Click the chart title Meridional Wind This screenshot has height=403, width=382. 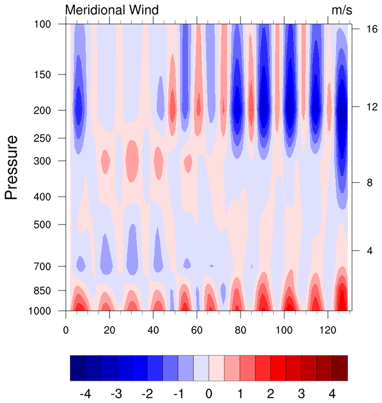(112, 10)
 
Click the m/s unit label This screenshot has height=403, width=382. (342, 10)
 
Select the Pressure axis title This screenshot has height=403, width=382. (12, 167)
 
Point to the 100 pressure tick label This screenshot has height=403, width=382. (43, 24)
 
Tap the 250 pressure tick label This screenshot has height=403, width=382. (43, 138)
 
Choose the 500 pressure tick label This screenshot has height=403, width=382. (43, 225)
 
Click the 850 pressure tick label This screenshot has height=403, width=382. (43, 291)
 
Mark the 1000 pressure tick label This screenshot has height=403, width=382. (40, 311)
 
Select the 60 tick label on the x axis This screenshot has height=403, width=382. (197, 330)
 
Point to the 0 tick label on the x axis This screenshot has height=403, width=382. (66, 330)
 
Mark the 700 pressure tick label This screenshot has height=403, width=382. (43, 266)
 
